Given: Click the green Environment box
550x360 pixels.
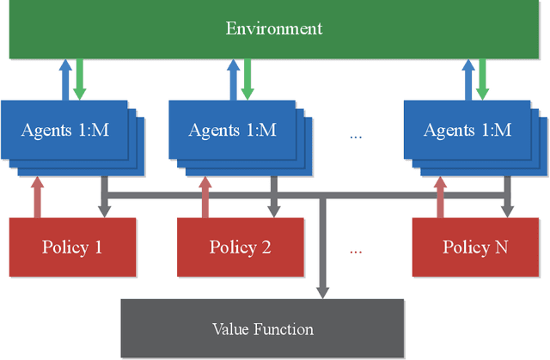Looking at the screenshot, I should pyautogui.click(x=274, y=29).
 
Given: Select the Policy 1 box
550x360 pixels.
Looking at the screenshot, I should pyautogui.click(x=72, y=247).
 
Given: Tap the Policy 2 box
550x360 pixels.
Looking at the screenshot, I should pyautogui.click(x=241, y=247).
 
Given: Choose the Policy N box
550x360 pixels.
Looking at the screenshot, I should pyautogui.click(x=475, y=247).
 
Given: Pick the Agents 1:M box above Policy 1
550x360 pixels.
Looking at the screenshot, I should pyautogui.click(x=65, y=131).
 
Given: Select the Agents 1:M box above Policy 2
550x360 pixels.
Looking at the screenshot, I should pyautogui.click(x=232, y=131).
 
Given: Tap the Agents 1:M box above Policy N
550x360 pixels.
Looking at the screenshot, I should pyautogui.click(x=467, y=131).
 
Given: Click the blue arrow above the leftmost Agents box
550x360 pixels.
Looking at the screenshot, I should pyautogui.click(x=65, y=79).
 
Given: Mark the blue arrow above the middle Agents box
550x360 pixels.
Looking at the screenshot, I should pyautogui.click(x=232, y=79).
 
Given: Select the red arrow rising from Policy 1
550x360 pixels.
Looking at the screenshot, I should pyautogui.click(x=36, y=197).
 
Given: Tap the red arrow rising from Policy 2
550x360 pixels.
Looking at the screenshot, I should pyautogui.click(x=204, y=197).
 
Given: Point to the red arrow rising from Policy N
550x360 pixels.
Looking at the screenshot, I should pyautogui.click(x=440, y=197).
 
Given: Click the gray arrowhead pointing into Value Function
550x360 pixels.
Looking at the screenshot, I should pyautogui.click(x=323, y=290).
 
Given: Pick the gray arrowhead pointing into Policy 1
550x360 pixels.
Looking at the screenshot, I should pyautogui.click(x=104, y=209).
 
